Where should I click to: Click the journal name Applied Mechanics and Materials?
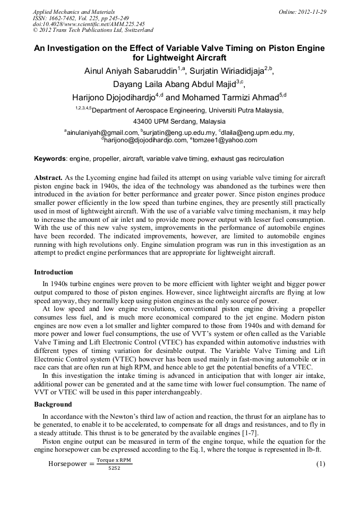pos(74,12)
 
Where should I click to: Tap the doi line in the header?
pos(89,24)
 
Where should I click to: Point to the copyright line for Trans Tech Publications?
pos(93,31)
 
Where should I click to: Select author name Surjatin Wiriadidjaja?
pos(229,71)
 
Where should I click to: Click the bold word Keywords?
pos(50,159)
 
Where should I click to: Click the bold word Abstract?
pos(49,177)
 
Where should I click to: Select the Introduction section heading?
pos(54,272)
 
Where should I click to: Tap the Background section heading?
pos(53,404)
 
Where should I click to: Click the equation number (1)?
pos(320,464)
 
